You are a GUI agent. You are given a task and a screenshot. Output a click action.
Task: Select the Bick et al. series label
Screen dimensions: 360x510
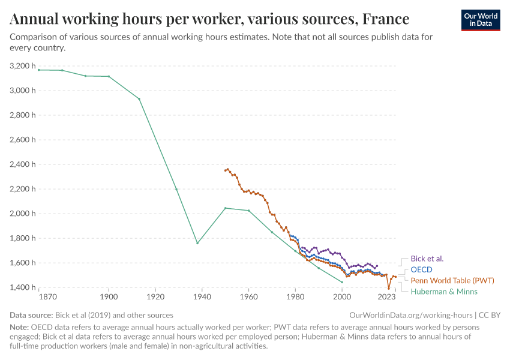pyautogui.click(x=427, y=259)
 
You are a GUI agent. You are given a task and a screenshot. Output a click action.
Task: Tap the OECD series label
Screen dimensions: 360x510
pyautogui.click(x=421, y=269)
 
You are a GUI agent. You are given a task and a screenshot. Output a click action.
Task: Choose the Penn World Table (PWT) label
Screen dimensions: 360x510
pyautogui.click(x=452, y=280)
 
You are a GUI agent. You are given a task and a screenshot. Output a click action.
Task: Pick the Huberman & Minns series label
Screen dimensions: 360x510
pyautogui.click(x=444, y=292)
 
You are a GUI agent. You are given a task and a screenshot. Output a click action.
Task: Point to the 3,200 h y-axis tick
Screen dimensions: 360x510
pyautogui.click(x=23, y=66)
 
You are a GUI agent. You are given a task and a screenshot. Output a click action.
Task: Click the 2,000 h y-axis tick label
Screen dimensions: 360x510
pyautogui.click(x=23, y=214)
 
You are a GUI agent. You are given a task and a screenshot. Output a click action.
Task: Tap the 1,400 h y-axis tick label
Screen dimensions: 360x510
pyautogui.click(x=23, y=287)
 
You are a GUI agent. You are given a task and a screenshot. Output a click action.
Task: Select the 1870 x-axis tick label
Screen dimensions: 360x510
pyautogui.click(x=47, y=296)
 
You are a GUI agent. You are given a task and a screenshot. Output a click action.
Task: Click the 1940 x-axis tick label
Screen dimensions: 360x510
pyautogui.click(x=202, y=296)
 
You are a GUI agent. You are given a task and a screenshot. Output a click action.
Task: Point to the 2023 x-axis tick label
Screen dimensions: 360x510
pyautogui.click(x=386, y=296)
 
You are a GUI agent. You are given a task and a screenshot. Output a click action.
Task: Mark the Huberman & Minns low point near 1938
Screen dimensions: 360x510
pyautogui.click(x=197, y=243)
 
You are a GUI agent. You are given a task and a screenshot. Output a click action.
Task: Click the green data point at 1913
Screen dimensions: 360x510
pyautogui.click(x=139, y=99)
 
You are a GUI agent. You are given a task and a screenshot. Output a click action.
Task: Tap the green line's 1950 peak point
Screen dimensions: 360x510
pyautogui.click(x=225, y=208)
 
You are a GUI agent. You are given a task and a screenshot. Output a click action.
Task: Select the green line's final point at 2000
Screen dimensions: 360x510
pyautogui.click(x=342, y=282)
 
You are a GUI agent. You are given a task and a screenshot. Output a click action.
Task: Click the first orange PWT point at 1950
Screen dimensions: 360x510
pyautogui.click(x=225, y=170)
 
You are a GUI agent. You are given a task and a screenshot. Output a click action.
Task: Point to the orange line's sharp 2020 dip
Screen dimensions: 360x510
pyautogui.click(x=389, y=289)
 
